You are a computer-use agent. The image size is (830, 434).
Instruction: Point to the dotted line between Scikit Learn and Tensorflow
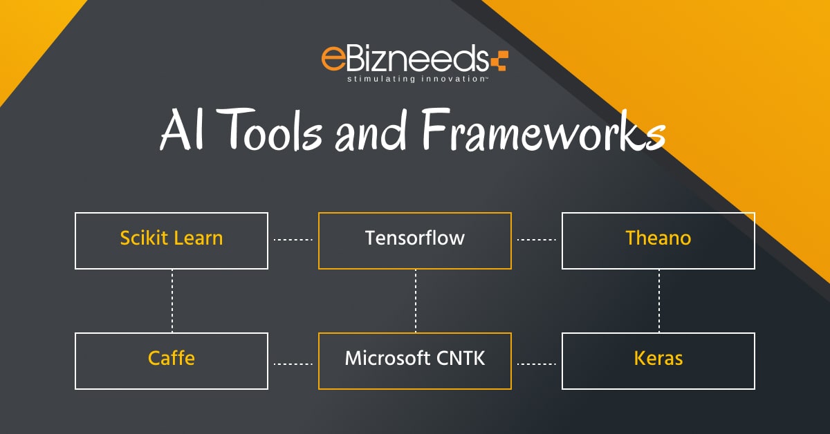(x=293, y=240)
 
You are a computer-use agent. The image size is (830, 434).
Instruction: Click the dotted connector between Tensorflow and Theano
(x=537, y=240)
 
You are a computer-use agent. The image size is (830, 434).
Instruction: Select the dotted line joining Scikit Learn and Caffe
(x=172, y=301)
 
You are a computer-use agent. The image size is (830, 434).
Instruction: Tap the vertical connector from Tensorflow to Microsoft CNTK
(x=416, y=301)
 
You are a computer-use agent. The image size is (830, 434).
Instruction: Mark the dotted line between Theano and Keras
(x=659, y=301)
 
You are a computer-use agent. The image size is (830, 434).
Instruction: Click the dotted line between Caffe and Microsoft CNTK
(x=293, y=364)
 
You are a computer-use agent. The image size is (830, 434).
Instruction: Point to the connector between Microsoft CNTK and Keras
(x=537, y=364)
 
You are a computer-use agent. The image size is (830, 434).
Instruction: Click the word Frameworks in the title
(x=543, y=130)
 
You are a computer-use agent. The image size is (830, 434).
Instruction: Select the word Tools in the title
(x=272, y=130)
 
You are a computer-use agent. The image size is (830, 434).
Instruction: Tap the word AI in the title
(x=182, y=130)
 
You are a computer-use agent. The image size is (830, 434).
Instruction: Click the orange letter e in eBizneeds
(x=333, y=58)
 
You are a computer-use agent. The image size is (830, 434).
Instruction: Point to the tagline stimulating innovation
(x=417, y=79)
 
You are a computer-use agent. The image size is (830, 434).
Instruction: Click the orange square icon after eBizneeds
(x=500, y=61)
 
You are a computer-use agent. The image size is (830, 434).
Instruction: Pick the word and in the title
(x=371, y=130)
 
